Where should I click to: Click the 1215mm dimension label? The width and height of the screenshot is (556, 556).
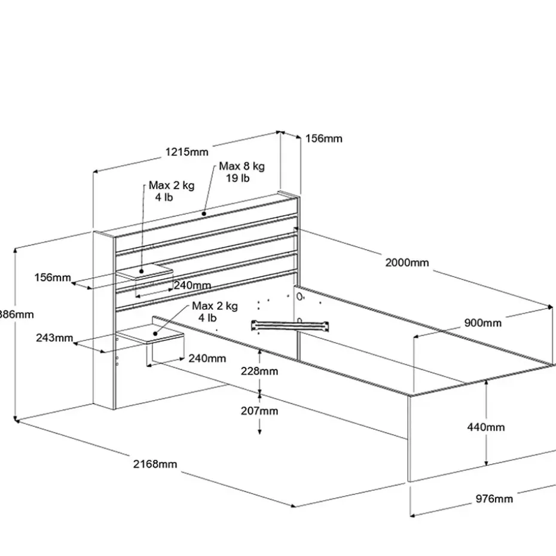pos(187,152)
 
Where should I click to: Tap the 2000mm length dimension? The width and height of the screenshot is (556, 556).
pos(407,262)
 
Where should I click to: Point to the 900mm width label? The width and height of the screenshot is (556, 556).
pos(483,323)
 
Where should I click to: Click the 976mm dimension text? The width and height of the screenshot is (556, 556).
pos(494,498)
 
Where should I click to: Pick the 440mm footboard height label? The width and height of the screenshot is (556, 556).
pos(486,427)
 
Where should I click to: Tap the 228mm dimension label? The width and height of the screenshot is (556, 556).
pos(259,371)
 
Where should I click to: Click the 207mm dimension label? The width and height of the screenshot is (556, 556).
pos(259,411)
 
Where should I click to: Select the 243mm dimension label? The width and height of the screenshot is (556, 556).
pos(54,338)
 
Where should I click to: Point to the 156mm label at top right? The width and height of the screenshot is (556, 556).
pos(323,138)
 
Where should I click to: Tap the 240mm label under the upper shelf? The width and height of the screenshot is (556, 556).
pos(193,285)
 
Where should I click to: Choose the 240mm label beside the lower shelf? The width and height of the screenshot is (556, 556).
pos(207,358)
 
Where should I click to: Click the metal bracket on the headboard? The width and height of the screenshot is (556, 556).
pos(291,325)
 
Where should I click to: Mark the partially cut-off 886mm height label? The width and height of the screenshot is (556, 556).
pos(16,314)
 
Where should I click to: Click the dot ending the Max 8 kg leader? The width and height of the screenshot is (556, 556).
pos(204,213)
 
